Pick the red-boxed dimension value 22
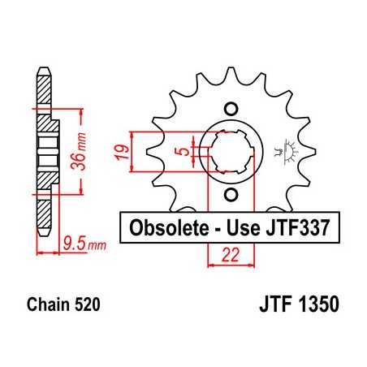pos(231,256)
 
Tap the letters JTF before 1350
pos(274,306)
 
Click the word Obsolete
pos(164,228)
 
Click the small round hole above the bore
pos(231,109)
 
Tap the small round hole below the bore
pos(231,193)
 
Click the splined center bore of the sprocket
pos(231,151)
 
